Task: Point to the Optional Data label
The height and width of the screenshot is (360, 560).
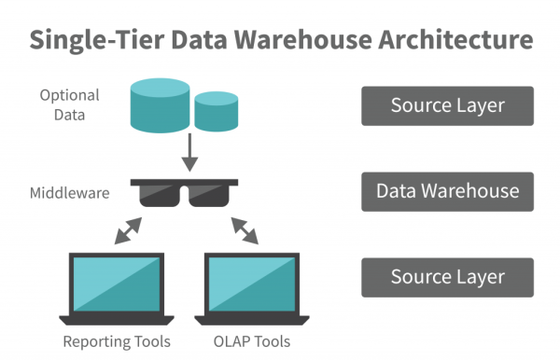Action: [65, 104]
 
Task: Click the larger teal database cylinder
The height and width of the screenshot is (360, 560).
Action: [158, 105]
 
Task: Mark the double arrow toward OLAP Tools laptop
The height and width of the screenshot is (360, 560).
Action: [245, 228]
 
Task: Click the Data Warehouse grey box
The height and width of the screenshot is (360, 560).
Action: [447, 191]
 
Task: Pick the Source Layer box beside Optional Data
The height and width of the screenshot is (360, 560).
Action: [447, 105]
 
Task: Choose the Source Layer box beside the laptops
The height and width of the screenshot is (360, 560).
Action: [447, 277]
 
